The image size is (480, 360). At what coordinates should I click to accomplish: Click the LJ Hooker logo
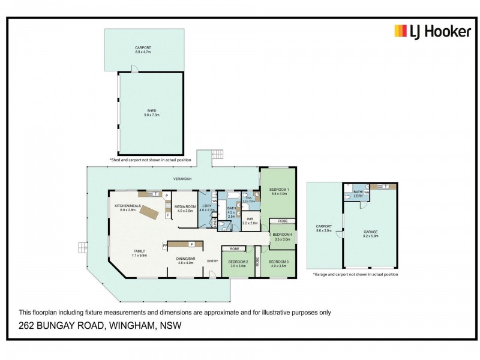click(x=432, y=32)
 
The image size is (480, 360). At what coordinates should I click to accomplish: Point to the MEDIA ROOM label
click(x=185, y=208)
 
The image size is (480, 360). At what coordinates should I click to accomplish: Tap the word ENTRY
click(x=212, y=261)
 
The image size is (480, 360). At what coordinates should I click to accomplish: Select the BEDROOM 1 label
click(x=280, y=191)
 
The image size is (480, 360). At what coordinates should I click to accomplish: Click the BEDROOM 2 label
click(x=238, y=263)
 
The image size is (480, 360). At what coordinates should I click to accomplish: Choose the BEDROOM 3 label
click(x=278, y=263)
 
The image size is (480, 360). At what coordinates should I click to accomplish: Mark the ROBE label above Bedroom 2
click(x=234, y=248)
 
